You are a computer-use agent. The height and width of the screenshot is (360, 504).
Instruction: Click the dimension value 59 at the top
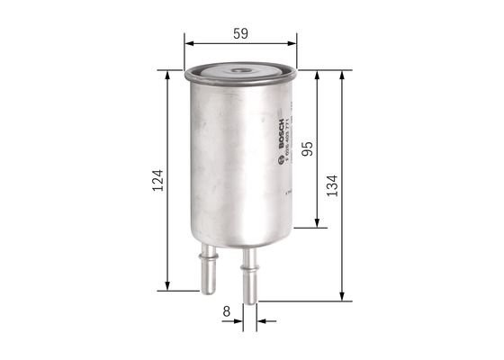[240, 33]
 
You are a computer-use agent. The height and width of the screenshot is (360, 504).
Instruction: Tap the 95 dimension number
[307, 149]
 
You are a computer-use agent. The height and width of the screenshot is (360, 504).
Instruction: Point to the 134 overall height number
[333, 185]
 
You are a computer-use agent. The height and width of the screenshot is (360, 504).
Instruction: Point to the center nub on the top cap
[239, 68]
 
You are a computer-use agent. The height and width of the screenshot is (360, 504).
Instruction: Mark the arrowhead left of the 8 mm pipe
[238, 319]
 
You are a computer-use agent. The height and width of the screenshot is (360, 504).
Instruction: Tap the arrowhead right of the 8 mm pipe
[262, 319]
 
